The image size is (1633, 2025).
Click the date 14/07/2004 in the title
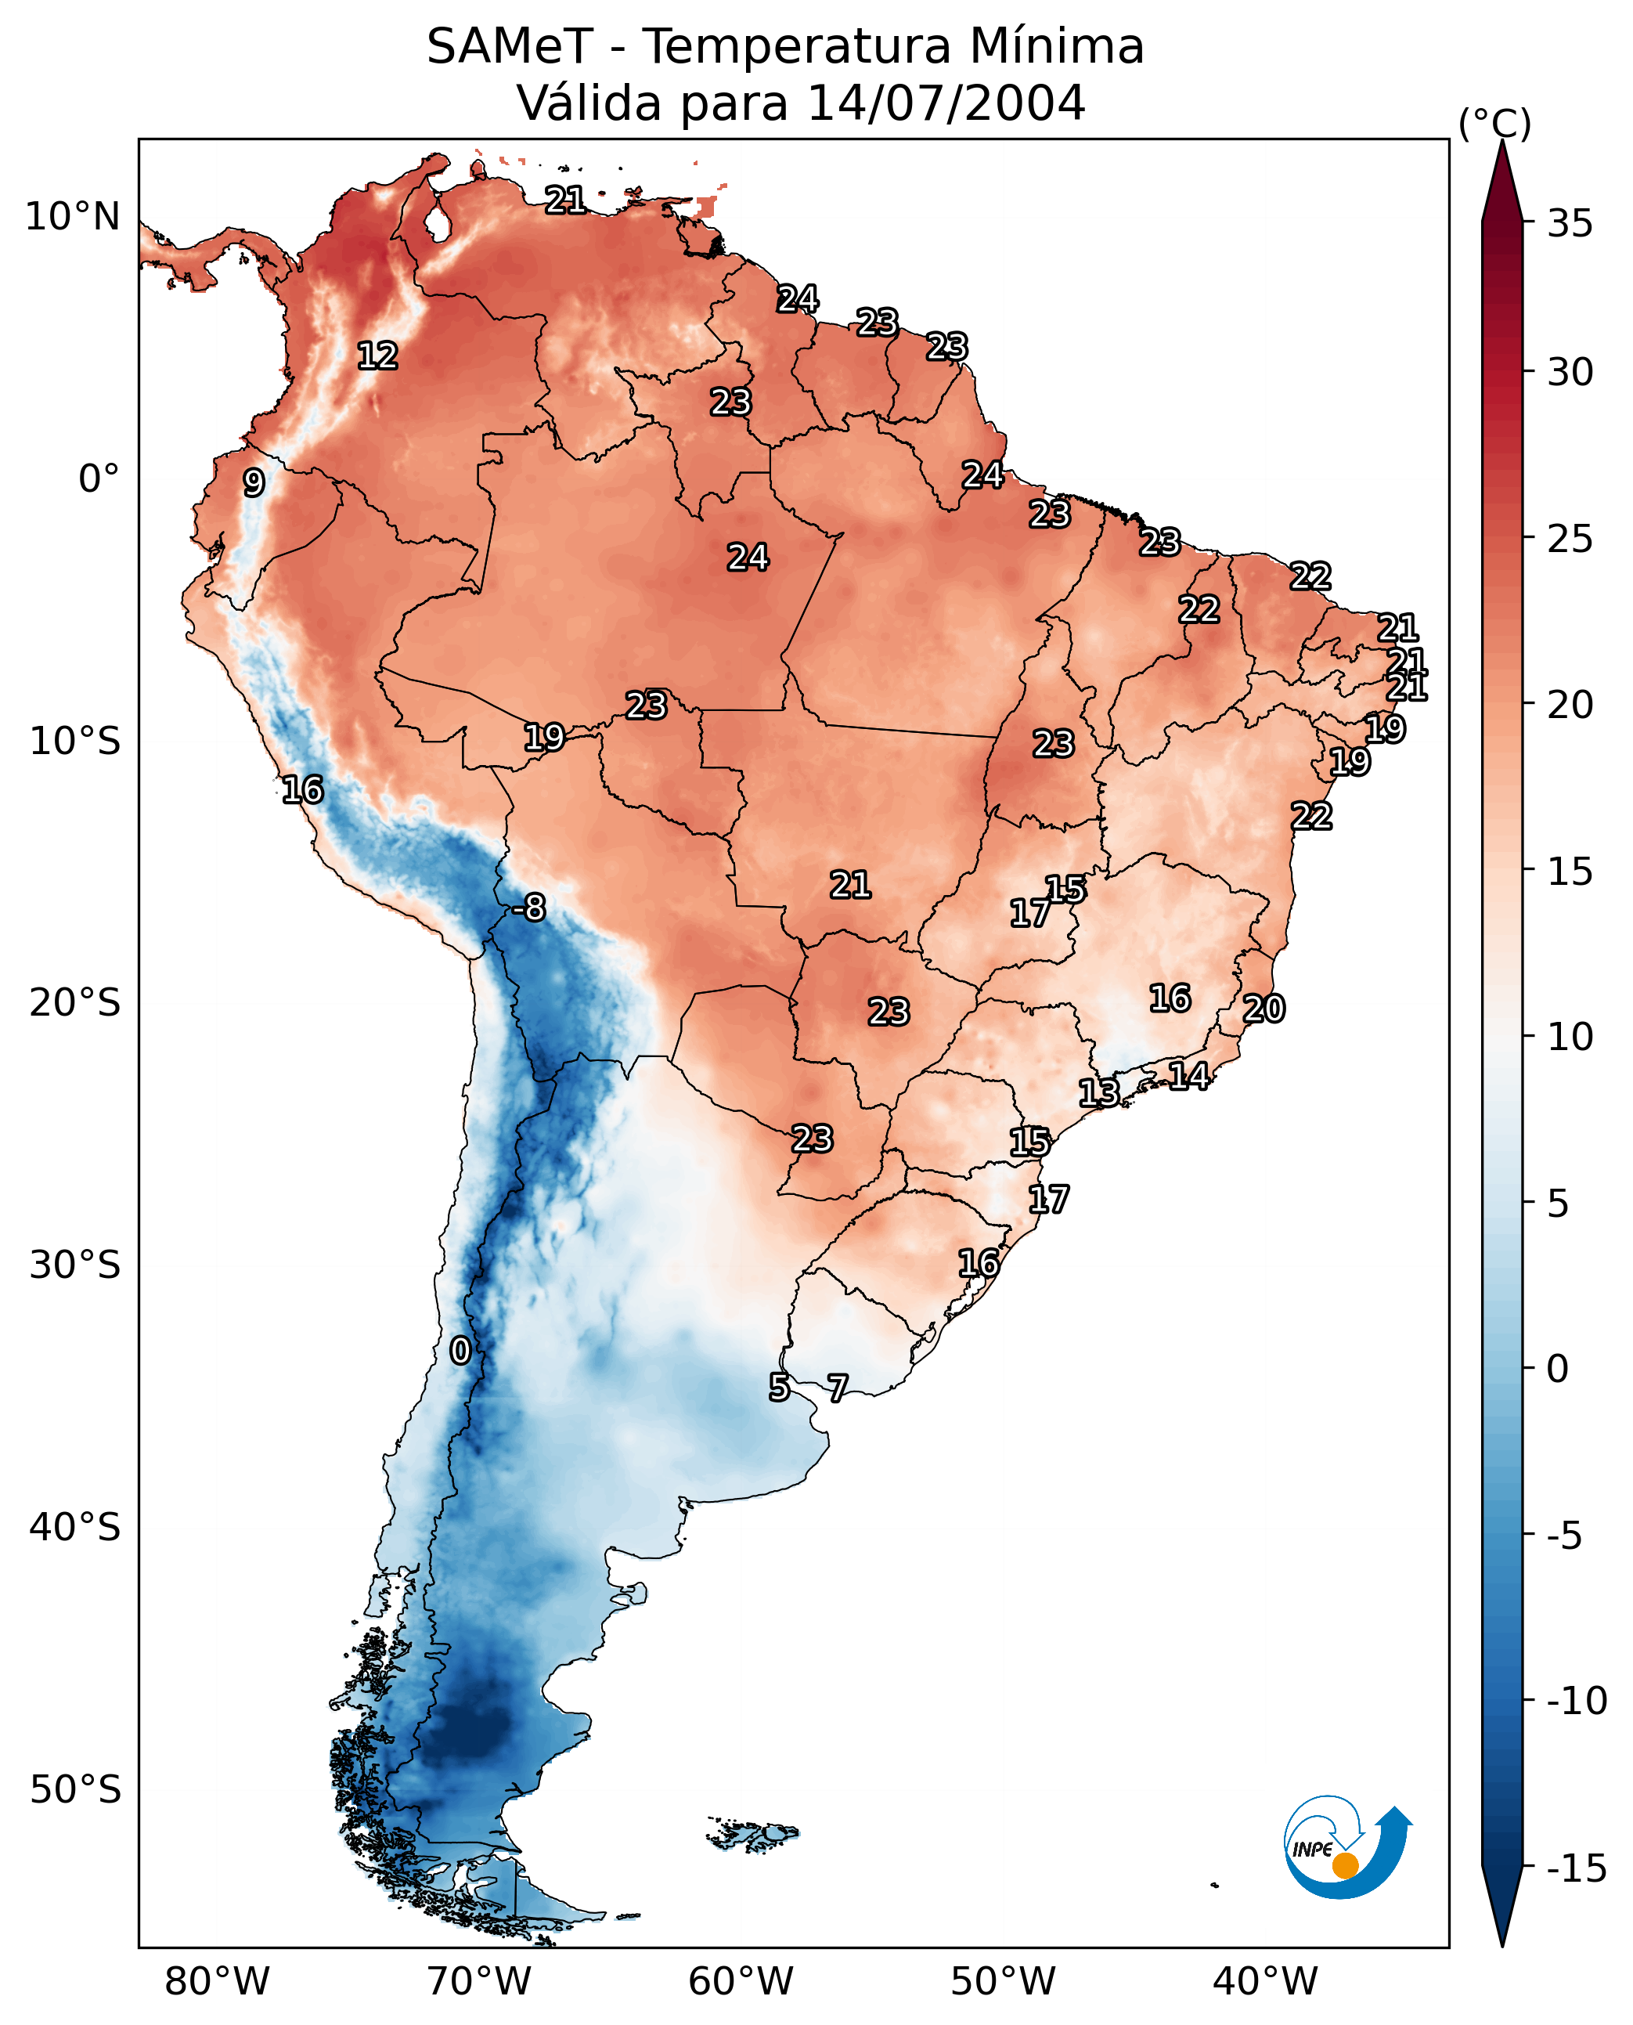(946, 103)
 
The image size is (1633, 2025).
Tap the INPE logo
(1346, 1847)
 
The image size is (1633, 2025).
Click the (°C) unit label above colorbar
(1494, 123)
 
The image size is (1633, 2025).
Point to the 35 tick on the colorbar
(1570, 224)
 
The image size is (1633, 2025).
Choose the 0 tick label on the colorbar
(1558, 1368)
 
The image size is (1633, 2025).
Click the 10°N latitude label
(73, 218)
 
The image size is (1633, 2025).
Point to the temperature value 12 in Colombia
(377, 356)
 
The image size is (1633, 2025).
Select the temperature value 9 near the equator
(254, 482)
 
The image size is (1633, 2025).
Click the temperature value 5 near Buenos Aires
(779, 1387)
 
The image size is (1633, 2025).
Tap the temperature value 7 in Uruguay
(837, 1387)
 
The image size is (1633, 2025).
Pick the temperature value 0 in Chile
(460, 1350)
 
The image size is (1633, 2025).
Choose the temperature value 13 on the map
(1098, 1092)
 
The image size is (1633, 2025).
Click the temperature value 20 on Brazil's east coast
(1264, 1009)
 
